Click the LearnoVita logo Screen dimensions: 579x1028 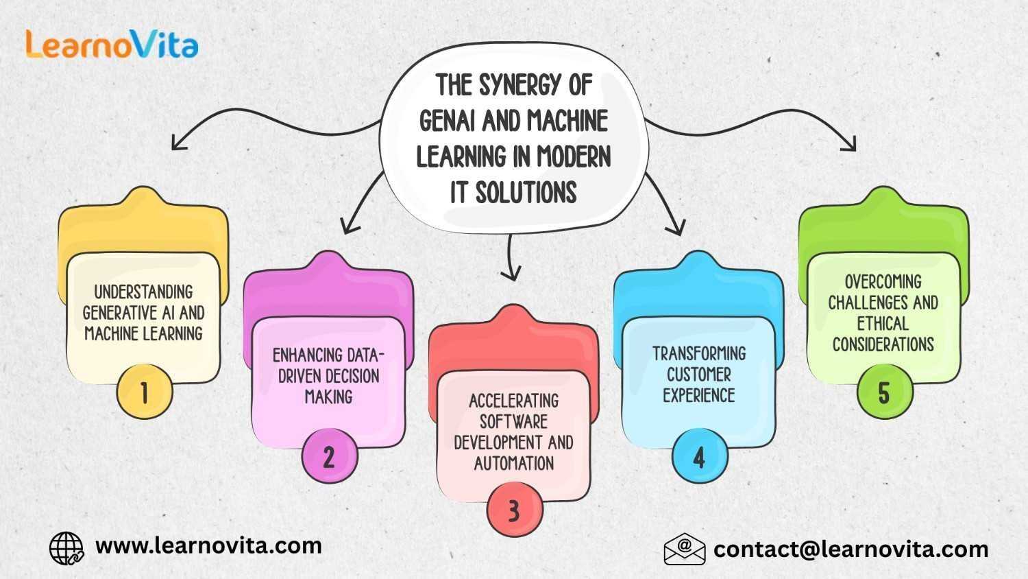coord(112,44)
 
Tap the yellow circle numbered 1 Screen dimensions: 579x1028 coord(144,392)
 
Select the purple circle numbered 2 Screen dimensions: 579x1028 coord(329,456)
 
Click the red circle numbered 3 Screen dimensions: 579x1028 coord(514,510)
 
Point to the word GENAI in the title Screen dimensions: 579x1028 coord(448,121)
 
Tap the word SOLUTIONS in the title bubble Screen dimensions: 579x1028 coord(526,193)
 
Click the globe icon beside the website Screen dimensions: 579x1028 coord(66,548)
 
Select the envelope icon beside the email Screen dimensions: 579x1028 coord(684,549)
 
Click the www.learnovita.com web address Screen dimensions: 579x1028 coord(208,546)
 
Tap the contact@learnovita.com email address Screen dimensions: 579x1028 coord(850,550)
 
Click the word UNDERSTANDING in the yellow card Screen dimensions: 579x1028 coord(144,292)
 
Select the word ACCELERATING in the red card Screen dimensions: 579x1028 coord(514,401)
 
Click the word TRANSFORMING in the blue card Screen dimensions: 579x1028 coord(699,353)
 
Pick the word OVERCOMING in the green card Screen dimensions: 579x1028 coord(883,282)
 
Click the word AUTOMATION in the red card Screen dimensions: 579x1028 coord(514,463)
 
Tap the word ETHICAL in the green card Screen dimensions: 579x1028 coord(883,323)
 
